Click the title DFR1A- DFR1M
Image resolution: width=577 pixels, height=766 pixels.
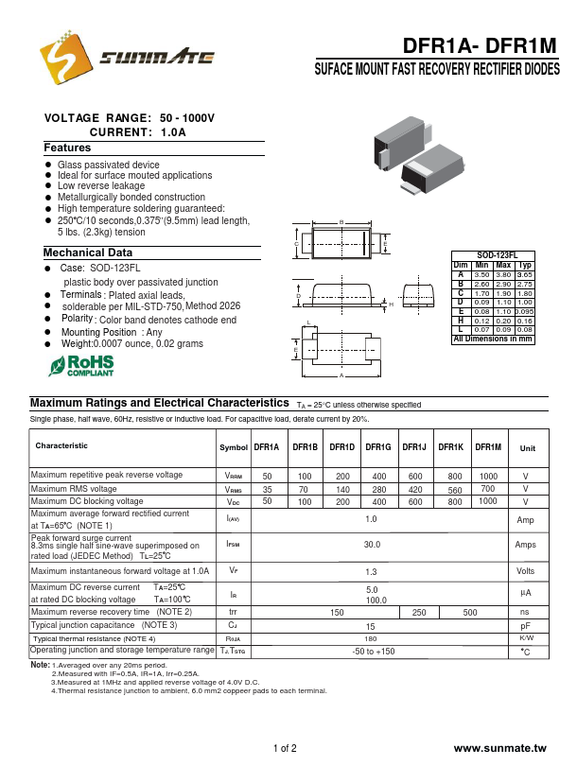[481, 47]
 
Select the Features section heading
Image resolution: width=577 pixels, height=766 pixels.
[67, 148]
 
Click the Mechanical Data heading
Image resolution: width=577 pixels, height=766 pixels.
[88, 253]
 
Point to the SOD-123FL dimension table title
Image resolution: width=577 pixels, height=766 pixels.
[493, 256]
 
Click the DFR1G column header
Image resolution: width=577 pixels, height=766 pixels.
[378, 447]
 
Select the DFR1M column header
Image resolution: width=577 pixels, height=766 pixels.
[488, 447]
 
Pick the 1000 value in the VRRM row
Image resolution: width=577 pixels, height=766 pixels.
[488, 476]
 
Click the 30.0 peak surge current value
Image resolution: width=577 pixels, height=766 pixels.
[372, 545]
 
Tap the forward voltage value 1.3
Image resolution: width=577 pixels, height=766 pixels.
[372, 571]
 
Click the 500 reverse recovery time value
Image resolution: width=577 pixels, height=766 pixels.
[470, 613]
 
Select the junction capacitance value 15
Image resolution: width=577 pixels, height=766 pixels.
[372, 626]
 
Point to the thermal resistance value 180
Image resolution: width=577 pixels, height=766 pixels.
[372, 638]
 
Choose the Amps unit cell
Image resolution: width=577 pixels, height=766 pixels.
[526, 545]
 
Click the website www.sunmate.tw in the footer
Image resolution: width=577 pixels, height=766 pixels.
[500, 748]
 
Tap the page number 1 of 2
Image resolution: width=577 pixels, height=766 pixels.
[285, 749]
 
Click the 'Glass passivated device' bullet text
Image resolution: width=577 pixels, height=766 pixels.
[109, 165]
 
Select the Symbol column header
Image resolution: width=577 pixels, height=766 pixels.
[234, 447]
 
